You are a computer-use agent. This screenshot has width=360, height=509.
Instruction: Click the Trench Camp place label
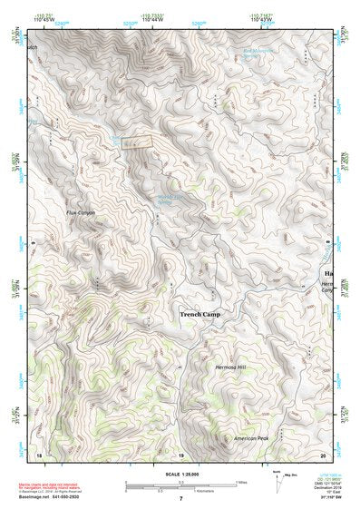pyautogui.click(x=199, y=314)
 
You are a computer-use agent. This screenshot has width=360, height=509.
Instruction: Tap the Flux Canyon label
pyautogui.click(x=80, y=212)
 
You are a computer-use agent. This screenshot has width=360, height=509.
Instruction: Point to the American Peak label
pyautogui.click(x=251, y=438)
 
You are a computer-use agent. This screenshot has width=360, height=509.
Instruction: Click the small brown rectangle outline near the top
pyautogui.click(x=136, y=142)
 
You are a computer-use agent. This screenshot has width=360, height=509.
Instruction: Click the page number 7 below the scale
pyautogui.click(x=180, y=499)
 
